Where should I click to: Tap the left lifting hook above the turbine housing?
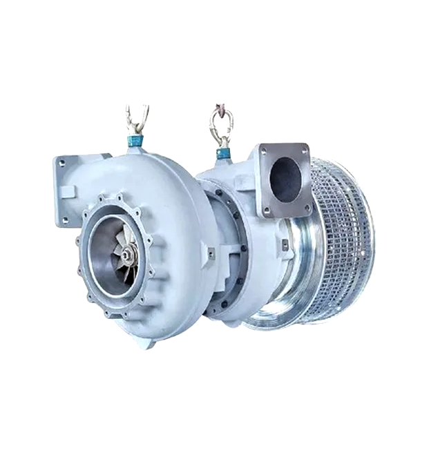[x=137, y=119]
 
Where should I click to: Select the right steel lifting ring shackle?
[x=221, y=125]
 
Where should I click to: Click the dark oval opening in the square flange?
[x=285, y=179]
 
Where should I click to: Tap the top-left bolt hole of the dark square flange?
[x=263, y=151]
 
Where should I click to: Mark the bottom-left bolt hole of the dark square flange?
[x=265, y=210]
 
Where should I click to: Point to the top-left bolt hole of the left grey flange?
[x=61, y=164]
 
